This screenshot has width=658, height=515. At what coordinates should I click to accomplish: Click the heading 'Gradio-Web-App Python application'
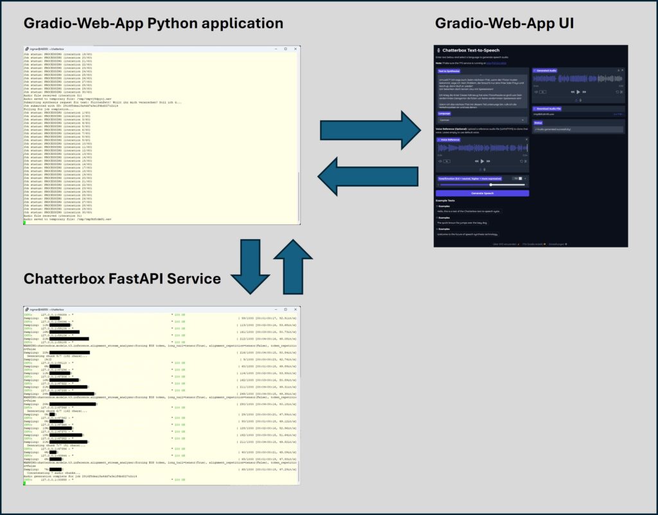153,23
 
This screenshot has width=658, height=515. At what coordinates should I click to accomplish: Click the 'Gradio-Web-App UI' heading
504,23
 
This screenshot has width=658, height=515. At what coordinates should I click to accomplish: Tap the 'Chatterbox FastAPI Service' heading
122,278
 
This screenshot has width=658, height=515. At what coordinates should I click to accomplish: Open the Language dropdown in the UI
481,120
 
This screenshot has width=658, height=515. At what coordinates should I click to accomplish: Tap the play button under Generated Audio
578,92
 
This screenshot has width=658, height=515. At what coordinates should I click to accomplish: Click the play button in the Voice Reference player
481,161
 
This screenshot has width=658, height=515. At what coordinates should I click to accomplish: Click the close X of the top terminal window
297,49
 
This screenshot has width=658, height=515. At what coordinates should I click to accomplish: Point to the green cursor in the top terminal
24,222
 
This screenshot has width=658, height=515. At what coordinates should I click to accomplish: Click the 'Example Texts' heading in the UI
446,201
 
